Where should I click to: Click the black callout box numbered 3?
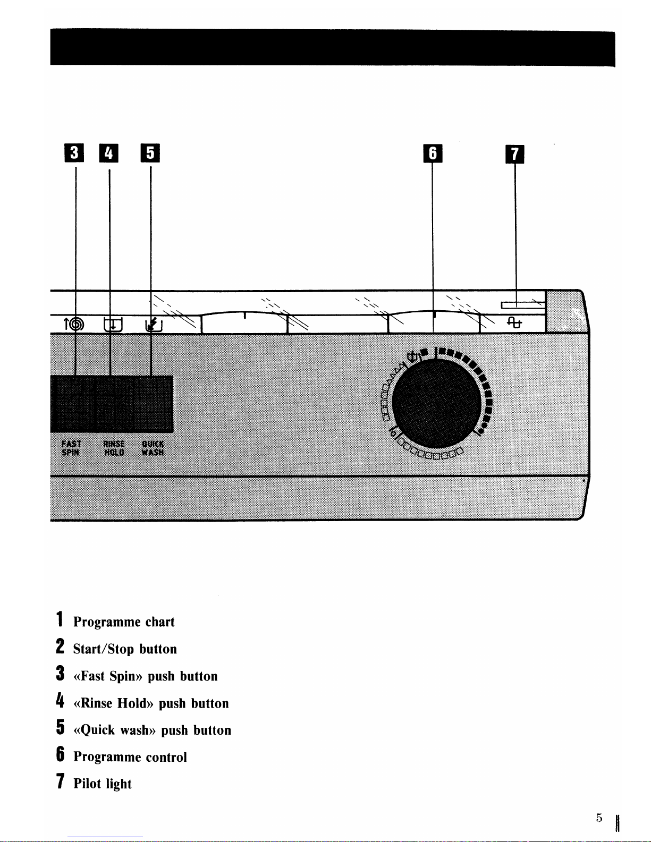(x=74, y=152)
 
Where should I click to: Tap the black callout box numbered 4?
(x=109, y=152)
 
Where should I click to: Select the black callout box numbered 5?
(x=150, y=152)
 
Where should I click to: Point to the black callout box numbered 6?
(x=433, y=154)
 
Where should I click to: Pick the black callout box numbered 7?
(x=514, y=154)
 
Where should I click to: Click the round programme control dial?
(x=436, y=403)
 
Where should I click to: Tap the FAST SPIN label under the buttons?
(x=72, y=448)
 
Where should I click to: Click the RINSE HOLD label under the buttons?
(x=114, y=448)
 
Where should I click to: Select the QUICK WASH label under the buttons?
(x=153, y=448)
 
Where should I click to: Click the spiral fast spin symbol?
(x=74, y=324)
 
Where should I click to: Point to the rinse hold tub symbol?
(x=113, y=325)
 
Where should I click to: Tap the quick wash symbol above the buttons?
(x=154, y=325)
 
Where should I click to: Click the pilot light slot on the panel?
(x=523, y=305)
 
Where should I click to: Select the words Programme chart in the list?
(x=124, y=622)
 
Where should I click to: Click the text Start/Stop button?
(x=125, y=649)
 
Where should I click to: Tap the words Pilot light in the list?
(x=103, y=784)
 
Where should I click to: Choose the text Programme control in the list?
(x=130, y=757)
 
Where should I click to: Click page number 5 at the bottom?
(x=599, y=818)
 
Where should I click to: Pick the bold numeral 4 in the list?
(x=60, y=701)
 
